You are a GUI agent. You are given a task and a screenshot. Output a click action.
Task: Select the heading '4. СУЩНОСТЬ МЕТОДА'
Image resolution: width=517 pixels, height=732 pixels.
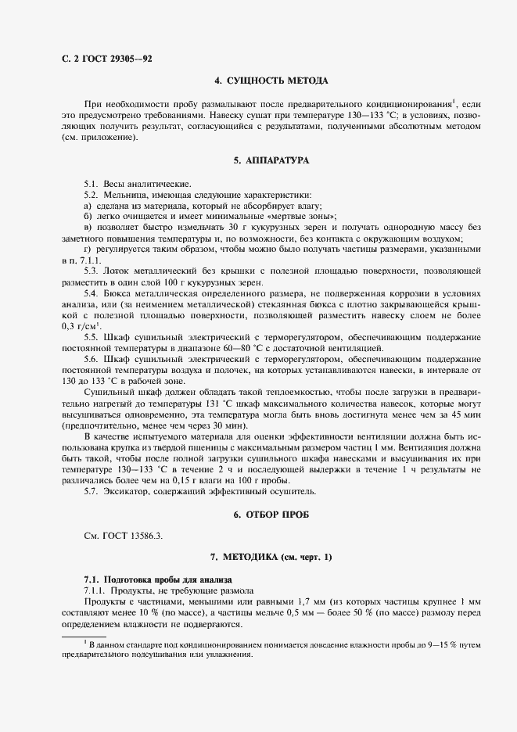pos(271,81)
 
